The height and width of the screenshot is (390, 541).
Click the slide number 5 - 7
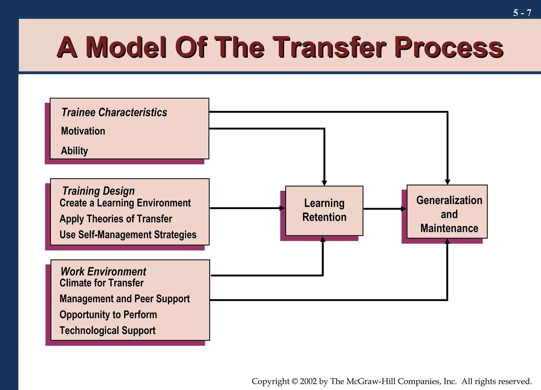[x=522, y=13]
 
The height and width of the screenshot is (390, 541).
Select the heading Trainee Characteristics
[x=114, y=112]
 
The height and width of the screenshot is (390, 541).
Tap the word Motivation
[x=83, y=131]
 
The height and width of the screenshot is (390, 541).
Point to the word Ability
[x=74, y=151]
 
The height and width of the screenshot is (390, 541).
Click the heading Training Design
[x=98, y=191]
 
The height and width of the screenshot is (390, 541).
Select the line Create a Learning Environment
[x=125, y=203]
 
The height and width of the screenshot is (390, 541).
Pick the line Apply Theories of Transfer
[x=116, y=219]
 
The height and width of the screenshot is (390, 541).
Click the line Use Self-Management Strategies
[x=128, y=235]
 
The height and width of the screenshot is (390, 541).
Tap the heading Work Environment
[x=103, y=271]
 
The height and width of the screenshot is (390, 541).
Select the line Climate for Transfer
[x=101, y=283]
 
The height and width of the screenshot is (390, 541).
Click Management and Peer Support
[x=124, y=299]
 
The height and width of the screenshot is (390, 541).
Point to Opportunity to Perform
[x=108, y=315]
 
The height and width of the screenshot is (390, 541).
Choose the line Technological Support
[x=108, y=330]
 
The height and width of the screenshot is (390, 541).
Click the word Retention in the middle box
[x=324, y=217]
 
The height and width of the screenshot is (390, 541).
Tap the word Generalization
[x=449, y=200]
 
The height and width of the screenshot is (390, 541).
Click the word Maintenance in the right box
[x=449, y=228]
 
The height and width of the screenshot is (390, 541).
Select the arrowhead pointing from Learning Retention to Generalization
[x=404, y=209]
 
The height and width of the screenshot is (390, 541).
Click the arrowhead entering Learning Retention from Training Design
[x=282, y=208]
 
